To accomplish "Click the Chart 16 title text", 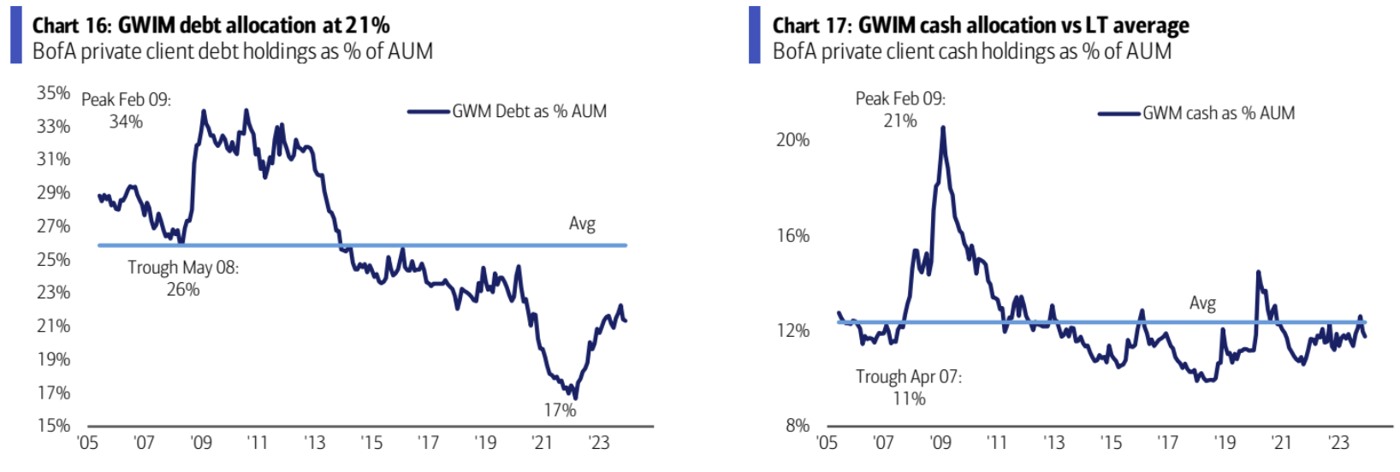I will click(x=211, y=25).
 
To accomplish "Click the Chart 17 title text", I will click(x=980, y=25).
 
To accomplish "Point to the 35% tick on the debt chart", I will click(x=53, y=92).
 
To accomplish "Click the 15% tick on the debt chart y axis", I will click(x=53, y=425).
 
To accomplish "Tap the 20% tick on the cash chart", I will click(x=792, y=139).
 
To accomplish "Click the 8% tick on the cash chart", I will click(x=797, y=425).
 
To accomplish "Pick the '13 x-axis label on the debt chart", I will click(x=315, y=443).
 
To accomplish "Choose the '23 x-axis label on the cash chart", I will click(x=1338, y=443).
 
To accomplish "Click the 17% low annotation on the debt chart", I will click(x=560, y=410).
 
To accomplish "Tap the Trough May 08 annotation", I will click(x=183, y=278).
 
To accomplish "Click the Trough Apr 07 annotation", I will click(x=908, y=387).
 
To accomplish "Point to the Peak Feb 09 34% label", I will click(x=126, y=110).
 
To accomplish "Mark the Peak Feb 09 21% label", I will click(x=900, y=109).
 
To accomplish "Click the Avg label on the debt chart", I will click(x=582, y=224).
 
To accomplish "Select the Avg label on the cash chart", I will click(x=1202, y=304).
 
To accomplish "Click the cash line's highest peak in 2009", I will click(x=943, y=127).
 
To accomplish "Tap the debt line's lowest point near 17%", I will click(x=576, y=398).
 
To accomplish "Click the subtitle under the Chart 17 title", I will click(x=971, y=51).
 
